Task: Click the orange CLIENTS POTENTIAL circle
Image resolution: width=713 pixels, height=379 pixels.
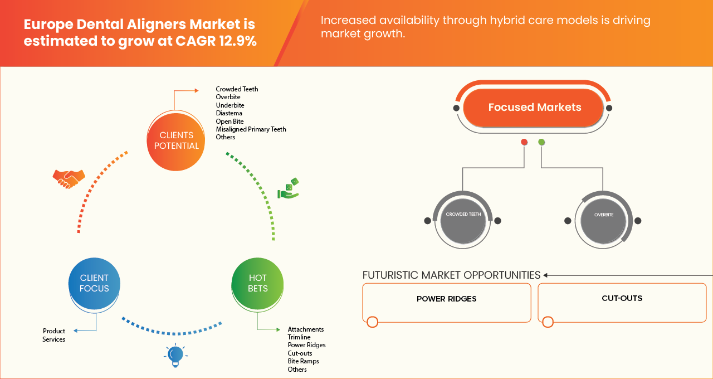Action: [176, 140]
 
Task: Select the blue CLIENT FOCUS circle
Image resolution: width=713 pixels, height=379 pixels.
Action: [94, 283]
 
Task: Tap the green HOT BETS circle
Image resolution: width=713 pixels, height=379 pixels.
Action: [258, 283]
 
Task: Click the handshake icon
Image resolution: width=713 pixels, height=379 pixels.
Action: [69, 178]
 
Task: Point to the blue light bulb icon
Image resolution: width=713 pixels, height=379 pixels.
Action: [175, 356]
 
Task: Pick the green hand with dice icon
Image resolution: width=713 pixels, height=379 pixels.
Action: [289, 189]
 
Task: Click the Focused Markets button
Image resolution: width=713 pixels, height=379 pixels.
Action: [534, 108]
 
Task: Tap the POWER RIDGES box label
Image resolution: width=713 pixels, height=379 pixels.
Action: [446, 299]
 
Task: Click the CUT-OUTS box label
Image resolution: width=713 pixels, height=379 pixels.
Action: [622, 298]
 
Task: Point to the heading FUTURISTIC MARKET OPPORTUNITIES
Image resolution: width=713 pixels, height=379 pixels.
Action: [451, 275]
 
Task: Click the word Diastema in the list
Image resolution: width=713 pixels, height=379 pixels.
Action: [229, 113]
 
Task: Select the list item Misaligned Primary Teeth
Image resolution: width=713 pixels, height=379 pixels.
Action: [251, 129]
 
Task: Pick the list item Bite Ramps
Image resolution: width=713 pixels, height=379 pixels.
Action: [303, 361]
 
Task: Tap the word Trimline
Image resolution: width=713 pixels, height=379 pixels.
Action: [299, 337]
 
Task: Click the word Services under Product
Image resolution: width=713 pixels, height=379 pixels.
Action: [54, 339]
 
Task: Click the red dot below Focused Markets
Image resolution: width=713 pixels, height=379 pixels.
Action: [524, 142]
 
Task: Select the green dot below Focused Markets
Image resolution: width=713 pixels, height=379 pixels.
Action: [541, 142]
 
